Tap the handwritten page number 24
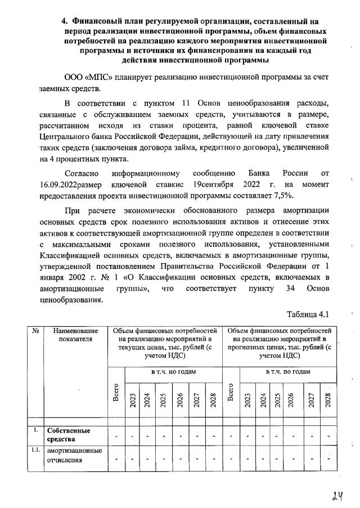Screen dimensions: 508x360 pos(337,495)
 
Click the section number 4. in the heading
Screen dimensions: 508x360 pos(65,21)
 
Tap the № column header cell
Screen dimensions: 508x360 pos(35,331)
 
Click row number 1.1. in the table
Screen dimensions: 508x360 pos(35,451)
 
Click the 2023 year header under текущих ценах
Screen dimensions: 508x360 pos(133,399)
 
